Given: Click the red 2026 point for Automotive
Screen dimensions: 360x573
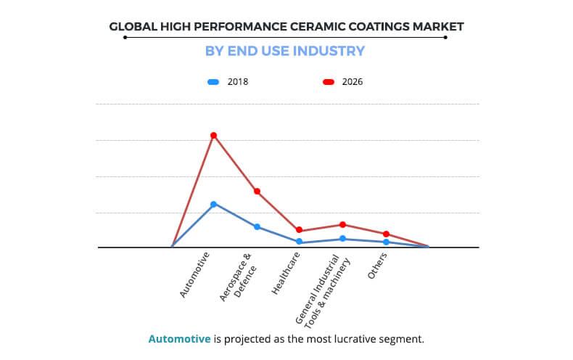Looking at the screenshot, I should tap(213, 136).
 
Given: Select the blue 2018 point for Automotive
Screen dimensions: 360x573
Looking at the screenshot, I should tap(213, 204).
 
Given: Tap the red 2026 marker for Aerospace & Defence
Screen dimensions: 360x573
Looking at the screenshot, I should tap(257, 191).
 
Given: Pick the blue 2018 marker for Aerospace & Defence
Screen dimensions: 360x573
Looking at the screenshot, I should tap(257, 226).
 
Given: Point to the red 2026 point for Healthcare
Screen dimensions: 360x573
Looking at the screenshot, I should tap(300, 230).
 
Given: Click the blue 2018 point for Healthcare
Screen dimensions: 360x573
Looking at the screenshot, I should tap(300, 242).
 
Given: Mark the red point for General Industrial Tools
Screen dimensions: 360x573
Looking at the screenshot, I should tap(343, 224).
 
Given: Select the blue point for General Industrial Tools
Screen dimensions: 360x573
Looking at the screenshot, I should tap(343, 239).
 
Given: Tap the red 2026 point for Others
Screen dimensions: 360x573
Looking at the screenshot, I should tap(386, 234).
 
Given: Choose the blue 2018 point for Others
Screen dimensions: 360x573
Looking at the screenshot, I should tap(386, 242).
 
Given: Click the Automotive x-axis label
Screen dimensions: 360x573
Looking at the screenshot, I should tap(196, 275).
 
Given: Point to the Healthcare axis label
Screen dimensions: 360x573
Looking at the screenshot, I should tap(286, 274).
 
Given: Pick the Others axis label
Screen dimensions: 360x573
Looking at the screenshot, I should tap(377, 267).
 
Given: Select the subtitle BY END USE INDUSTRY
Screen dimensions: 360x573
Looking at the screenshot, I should tap(286, 51).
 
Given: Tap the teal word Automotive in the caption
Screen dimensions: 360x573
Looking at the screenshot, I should tap(180, 339).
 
